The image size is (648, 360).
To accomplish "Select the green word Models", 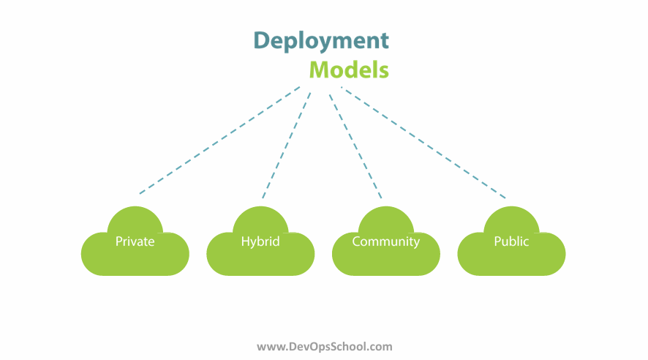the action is coord(349,70).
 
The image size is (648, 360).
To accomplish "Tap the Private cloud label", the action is coord(135,241).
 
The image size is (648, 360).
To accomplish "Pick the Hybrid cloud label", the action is coord(260,241).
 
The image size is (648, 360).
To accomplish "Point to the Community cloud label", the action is coord(385,241).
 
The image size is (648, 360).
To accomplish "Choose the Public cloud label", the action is coord(511,241).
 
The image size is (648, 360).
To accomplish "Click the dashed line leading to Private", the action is coord(219,140).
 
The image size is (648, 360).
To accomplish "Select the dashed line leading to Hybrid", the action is coord(287,146).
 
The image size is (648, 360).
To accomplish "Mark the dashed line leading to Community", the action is coord(355,147).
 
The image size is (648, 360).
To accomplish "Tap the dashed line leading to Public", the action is coord(423,143).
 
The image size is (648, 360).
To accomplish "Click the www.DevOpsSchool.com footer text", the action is coord(325,346).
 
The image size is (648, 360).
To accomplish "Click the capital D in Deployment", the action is coord(262,40).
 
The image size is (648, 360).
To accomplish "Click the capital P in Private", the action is coord(119,241).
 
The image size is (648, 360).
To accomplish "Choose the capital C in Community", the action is coord(356,241).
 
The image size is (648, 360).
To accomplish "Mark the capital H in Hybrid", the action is coord(245,241).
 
